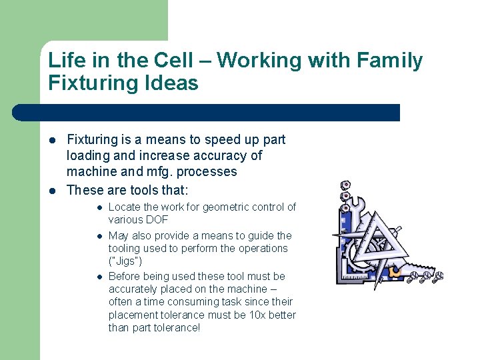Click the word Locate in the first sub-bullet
pos(124,207)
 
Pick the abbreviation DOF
pos(157,219)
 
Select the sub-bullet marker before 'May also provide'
pos(98,236)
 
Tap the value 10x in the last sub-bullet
pos(255,314)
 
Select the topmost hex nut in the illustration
pos(345,185)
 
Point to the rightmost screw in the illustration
pos(438,276)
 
